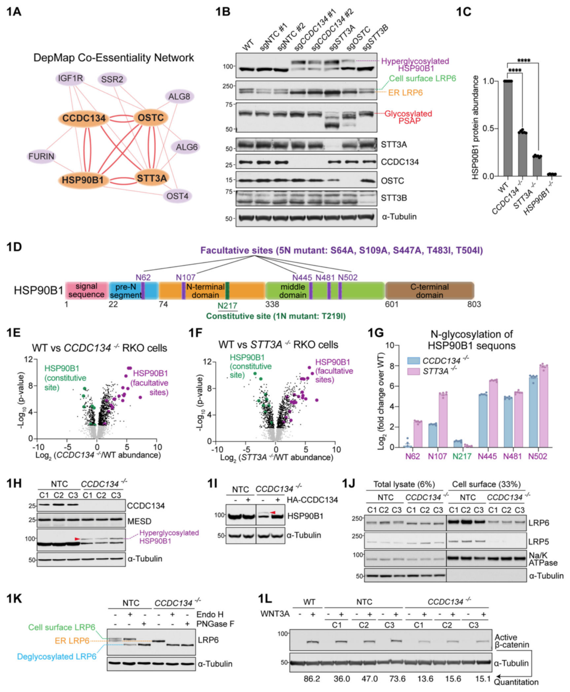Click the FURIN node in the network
41,156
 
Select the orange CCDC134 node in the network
84,118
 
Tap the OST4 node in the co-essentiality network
177,196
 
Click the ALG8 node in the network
179,97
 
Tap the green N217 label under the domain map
227,306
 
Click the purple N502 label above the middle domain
348,277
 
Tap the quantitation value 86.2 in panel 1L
312,679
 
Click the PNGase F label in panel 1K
215,624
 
